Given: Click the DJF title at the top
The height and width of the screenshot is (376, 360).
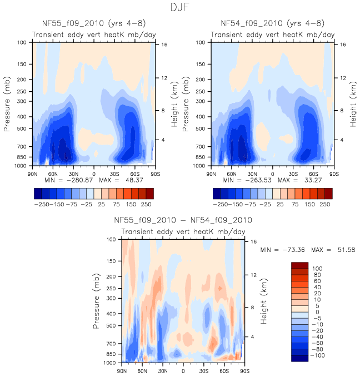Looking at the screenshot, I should tap(180, 8).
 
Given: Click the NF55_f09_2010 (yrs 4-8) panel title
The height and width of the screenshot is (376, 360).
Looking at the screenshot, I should tap(93, 23).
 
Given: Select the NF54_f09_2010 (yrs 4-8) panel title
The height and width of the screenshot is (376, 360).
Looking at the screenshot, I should tap(272, 23).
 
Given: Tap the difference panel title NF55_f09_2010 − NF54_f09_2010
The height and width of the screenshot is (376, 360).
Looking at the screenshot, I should tap(183, 220).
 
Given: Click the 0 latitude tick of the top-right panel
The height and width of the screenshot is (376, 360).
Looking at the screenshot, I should tap(272, 174).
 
